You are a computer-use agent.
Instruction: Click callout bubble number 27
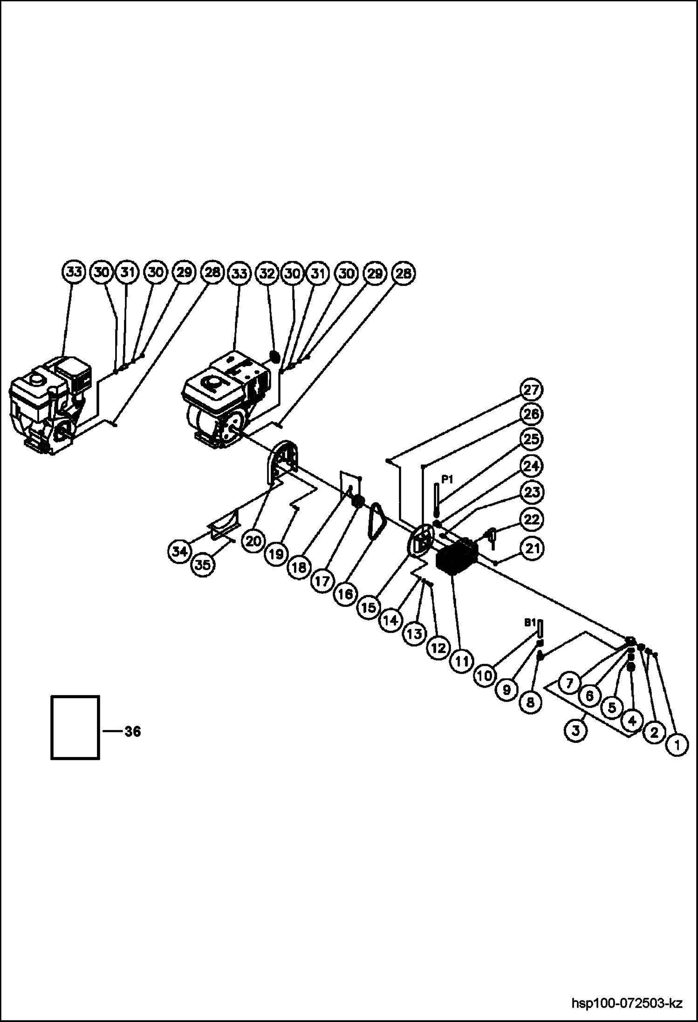pyautogui.click(x=531, y=390)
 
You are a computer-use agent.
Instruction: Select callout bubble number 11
pyautogui.click(x=461, y=661)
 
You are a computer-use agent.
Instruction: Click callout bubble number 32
pyautogui.click(x=267, y=273)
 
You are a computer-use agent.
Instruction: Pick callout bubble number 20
pyautogui.click(x=253, y=541)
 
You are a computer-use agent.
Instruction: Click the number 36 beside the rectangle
pyautogui.click(x=132, y=732)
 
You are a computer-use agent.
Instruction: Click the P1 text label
pyautogui.click(x=447, y=479)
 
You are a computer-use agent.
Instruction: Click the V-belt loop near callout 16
pyautogui.click(x=376, y=524)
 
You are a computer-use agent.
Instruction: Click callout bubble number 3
pyautogui.click(x=576, y=730)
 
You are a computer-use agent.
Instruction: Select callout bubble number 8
pyautogui.click(x=530, y=702)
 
